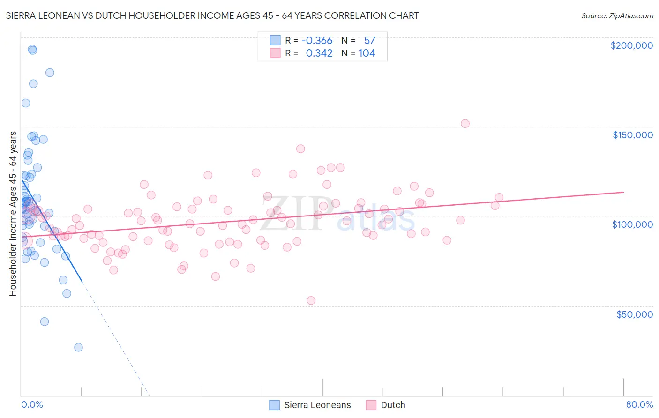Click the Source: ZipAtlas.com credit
[617, 15]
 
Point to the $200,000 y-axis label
[631, 45]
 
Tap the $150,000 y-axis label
[632, 135]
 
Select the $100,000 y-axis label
[632, 224]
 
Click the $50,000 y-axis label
[634, 314]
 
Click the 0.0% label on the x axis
[32, 404]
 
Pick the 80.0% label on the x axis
[639, 404]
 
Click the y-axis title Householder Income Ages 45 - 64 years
[13, 214]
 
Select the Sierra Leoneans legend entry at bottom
[317, 405]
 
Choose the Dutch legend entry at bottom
[392, 405]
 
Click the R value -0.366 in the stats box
[317, 41]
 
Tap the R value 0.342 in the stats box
[319, 53]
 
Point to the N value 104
[367, 53]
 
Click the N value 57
[369, 41]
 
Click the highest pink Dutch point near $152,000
[465, 124]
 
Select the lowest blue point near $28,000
[78, 347]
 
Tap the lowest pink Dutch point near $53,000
[311, 300]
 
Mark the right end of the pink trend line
[623, 192]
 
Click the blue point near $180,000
[50, 73]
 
